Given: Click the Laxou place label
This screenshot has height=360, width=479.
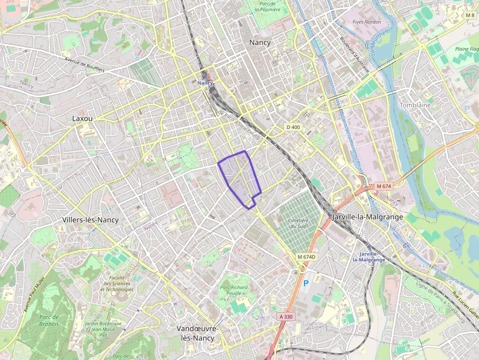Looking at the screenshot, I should pyautogui.click(x=82, y=118).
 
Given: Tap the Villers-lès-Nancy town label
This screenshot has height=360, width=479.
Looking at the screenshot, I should pyautogui.click(x=90, y=220).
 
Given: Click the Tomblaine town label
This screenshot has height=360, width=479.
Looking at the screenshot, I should pyautogui.click(x=415, y=105).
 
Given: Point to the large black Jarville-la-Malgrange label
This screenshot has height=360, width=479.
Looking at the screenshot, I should pyautogui.click(x=367, y=216).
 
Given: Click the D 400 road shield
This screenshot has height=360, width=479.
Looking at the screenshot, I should pyautogui.click(x=293, y=127).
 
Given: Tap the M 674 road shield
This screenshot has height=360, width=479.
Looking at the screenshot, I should pyautogui.click(x=385, y=186).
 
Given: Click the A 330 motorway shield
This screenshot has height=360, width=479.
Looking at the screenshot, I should pyautogui.click(x=286, y=317).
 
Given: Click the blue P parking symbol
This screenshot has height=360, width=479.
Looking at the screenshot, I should pyautogui.click(x=306, y=283).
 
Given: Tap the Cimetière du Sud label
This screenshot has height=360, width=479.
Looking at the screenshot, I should pyautogui.click(x=298, y=223).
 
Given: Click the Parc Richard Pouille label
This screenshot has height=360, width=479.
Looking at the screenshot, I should pyautogui.click(x=234, y=291).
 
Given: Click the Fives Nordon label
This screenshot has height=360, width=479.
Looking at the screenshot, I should pyautogui.click(x=367, y=22).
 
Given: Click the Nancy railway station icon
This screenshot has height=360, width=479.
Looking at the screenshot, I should pyautogui.click(x=206, y=77).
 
